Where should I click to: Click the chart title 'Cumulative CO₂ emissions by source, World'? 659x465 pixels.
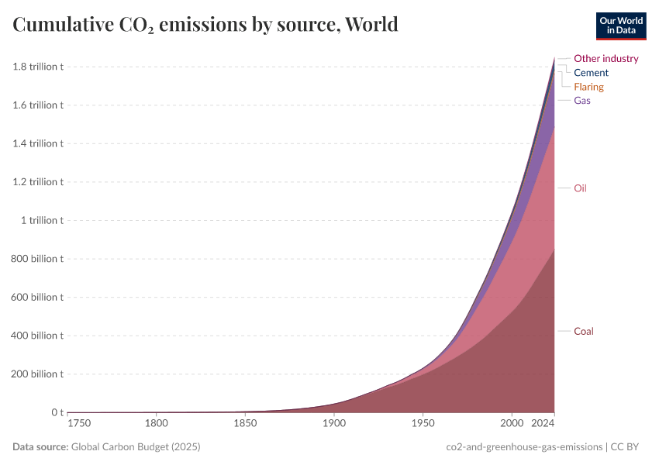[x=205, y=25]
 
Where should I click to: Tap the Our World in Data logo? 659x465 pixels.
[x=621, y=26]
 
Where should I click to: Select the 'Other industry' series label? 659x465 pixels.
[x=606, y=58]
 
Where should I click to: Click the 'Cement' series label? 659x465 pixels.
[x=591, y=73]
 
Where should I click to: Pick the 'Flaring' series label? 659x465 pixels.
[x=588, y=87]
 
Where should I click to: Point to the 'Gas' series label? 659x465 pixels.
[x=582, y=101]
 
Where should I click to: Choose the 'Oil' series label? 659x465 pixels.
[x=580, y=188]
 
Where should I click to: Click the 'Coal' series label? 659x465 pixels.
[x=583, y=332]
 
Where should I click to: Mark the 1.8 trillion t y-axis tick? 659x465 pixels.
[x=38, y=67]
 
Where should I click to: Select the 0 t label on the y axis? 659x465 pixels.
[x=57, y=412]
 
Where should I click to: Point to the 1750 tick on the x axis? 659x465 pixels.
[x=80, y=424]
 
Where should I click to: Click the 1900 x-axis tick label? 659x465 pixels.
[x=334, y=424]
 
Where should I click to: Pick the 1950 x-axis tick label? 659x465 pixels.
[x=423, y=424]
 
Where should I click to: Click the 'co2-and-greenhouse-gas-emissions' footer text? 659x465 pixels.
[x=525, y=447]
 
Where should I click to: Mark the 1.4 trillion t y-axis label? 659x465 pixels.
[x=38, y=143]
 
